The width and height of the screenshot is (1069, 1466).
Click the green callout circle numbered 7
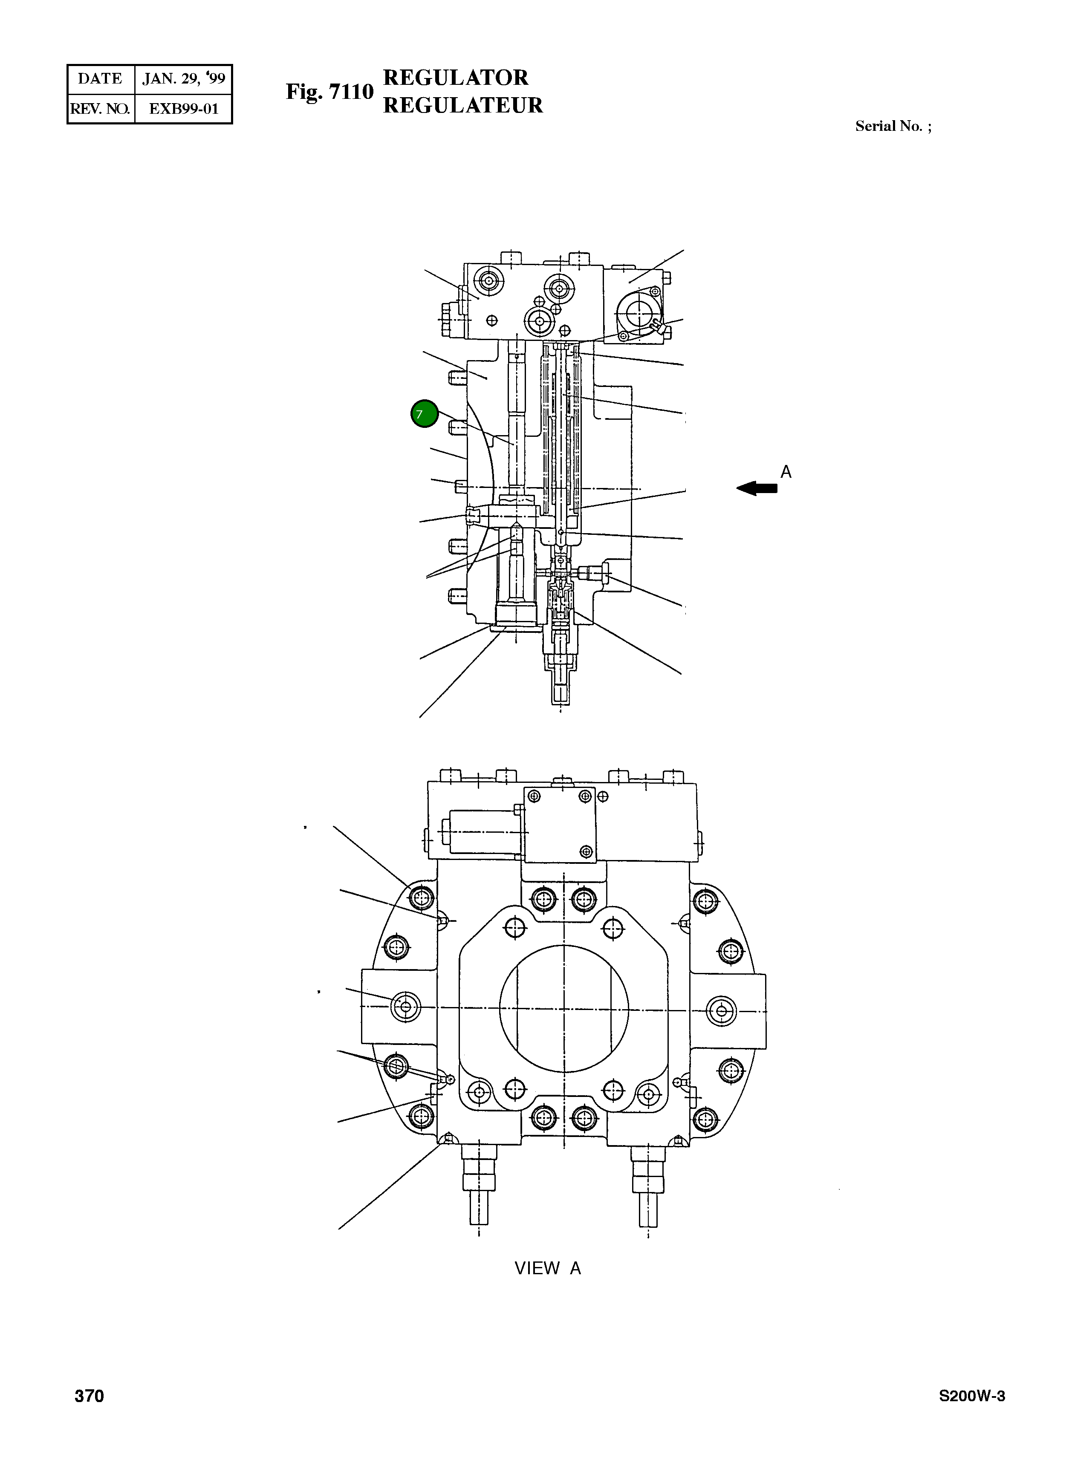point(425,414)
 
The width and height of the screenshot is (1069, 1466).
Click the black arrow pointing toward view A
point(757,488)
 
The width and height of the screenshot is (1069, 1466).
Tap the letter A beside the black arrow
point(786,472)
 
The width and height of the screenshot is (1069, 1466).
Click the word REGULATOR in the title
point(456,78)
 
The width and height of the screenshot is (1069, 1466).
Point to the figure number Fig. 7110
point(329,92)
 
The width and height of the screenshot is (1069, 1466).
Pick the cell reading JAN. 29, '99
point(183,79)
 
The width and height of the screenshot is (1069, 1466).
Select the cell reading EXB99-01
point(183,109)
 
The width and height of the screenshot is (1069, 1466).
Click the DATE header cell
point(100,79)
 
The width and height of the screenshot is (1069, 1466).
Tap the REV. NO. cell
point(100,109)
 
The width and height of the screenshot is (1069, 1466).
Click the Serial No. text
point(893,126)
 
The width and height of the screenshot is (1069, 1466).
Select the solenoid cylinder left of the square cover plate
point(482,831)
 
